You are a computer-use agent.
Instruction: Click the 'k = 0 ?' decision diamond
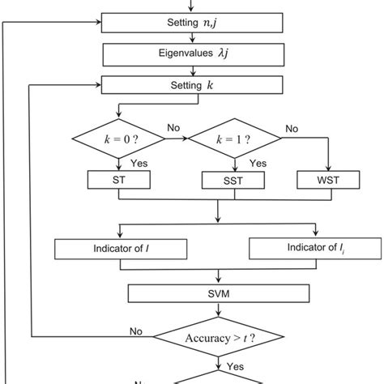119,140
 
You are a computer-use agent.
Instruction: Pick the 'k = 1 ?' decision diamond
236,140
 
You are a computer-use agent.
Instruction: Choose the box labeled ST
119,179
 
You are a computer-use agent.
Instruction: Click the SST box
236,179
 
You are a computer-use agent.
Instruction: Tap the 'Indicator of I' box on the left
120,247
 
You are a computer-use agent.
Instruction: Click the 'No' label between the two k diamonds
173,128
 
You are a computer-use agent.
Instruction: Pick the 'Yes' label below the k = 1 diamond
258,163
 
